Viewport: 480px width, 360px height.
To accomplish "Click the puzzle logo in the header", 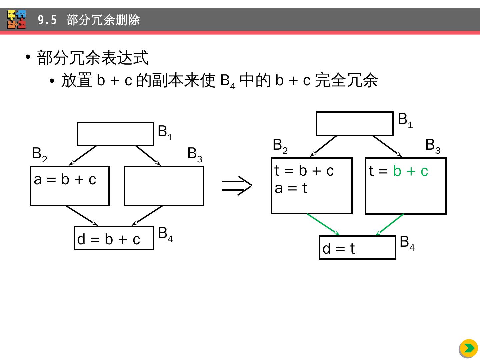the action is [17, 19].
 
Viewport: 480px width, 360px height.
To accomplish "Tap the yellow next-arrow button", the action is [468, 348].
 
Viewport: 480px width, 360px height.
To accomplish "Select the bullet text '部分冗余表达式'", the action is [93, 58].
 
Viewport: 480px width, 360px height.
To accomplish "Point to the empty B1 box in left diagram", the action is [115, 134].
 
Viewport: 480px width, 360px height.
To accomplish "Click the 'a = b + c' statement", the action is [65, 180].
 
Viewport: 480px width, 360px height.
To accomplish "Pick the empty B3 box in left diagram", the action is [164, 186].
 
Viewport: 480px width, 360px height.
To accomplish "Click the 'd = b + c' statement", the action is [109, 239].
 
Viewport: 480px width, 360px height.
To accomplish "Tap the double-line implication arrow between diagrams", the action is [237, 186].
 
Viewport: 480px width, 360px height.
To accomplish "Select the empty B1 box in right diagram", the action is [355, 124].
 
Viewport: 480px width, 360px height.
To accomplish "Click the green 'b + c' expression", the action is [410, 171].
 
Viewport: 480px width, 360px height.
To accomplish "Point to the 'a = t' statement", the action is [291, 188].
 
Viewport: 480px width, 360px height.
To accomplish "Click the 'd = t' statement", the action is [339, 249].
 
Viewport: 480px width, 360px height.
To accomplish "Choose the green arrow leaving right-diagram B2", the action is [323, 224].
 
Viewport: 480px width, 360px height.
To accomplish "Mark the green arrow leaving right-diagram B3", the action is [390, 224].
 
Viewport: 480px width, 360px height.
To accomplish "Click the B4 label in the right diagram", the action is [407, 242].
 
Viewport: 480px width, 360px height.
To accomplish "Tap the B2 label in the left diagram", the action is [39, 154].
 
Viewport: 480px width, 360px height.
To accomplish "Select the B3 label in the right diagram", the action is [433, 145].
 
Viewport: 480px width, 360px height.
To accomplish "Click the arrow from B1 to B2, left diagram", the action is [83, 155].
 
